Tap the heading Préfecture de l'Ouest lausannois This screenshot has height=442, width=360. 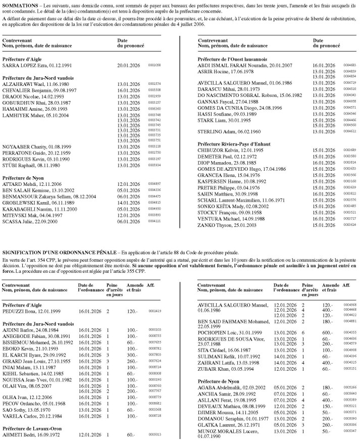coord(233,59)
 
